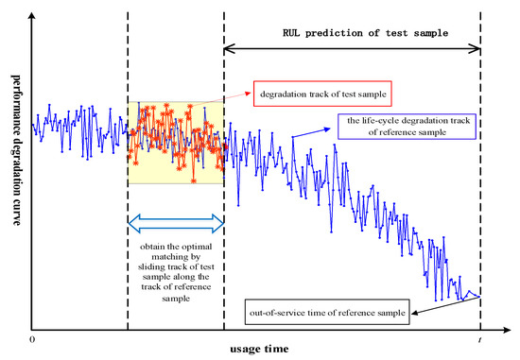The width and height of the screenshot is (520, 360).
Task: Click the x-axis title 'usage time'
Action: coord(259,349)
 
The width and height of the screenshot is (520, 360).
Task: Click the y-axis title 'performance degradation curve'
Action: coord(16,150)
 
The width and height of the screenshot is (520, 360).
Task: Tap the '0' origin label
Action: coord(32,339)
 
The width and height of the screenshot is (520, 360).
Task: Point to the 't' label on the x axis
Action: coord(479,339)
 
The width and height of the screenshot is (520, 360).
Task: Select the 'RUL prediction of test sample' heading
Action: coord(366,33)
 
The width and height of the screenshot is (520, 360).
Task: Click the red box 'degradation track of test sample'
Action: coord(322,94)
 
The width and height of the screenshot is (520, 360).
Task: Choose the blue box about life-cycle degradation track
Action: coord(407,127)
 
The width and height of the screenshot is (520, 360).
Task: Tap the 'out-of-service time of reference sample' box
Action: coord(327,312)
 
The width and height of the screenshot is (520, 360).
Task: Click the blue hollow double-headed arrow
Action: coord(176,224)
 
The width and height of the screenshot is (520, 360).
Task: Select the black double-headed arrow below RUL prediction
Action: coord(353,49)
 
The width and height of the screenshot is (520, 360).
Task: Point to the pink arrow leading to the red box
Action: coord(221,100)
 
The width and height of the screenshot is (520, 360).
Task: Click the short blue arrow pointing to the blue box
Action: coord(312,132)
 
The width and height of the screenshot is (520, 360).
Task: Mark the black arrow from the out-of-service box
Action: coord(445,305)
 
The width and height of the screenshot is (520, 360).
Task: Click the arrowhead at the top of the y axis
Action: coord(32,15)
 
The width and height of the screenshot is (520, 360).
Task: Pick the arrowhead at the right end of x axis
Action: coord(507,330)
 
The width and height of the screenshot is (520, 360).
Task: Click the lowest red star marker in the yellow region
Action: coord(193,181)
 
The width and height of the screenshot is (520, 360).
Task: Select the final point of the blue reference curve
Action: coord(479,297)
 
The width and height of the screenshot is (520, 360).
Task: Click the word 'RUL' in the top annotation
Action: coord(291,33)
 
